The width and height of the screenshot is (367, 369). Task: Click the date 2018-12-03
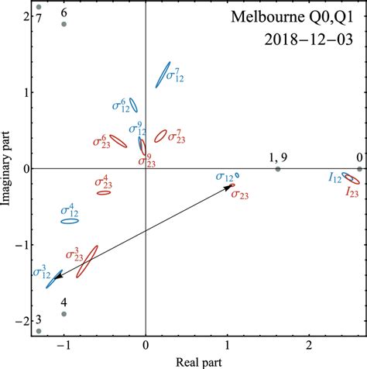point(310,39)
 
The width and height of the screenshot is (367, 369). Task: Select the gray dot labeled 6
point(64,24)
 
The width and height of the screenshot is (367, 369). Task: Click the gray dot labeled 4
point(64,314)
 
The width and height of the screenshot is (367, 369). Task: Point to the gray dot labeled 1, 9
point(278,169)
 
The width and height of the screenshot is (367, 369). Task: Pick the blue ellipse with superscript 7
point(163,74)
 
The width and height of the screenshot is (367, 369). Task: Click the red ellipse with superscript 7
point(161,136)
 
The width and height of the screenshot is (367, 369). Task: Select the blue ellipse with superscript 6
point(133,105)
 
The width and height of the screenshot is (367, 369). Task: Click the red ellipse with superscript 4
point(104,192)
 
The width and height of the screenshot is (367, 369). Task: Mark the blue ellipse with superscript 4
point(70,221)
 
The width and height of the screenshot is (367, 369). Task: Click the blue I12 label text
point(334,178)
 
